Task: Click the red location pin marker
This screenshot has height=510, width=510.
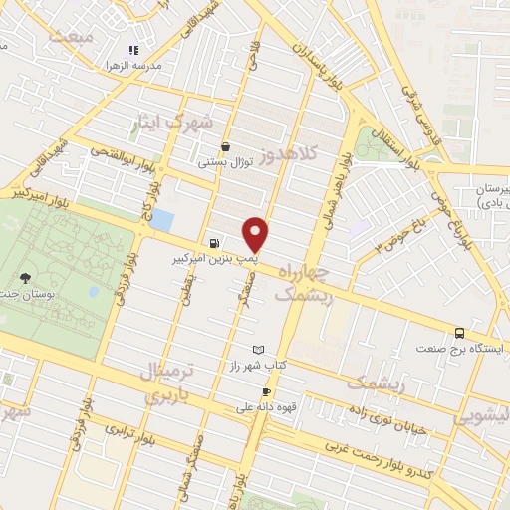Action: [x=257, y=234]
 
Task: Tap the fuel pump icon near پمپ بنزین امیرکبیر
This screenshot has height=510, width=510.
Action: [x=214, y=243]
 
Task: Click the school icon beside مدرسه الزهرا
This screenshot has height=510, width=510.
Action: [x=133, y=50]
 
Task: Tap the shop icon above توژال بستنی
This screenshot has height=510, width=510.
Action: [x=227, y=145]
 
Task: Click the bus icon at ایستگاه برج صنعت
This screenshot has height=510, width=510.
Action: [x=459, y=333]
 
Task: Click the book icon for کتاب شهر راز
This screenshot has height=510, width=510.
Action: [x=259, y=350]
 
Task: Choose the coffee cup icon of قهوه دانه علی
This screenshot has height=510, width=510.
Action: [x=266, y=391]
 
